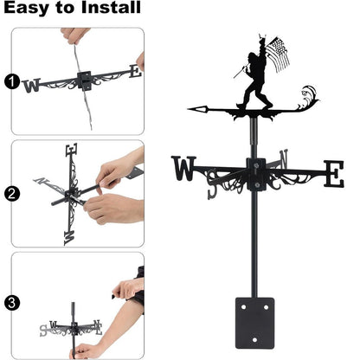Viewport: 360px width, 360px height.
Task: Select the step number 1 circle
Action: pos(11,83)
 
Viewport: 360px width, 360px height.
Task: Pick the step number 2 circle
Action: pos(11,193)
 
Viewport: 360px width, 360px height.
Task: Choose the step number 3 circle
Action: pos(11,304)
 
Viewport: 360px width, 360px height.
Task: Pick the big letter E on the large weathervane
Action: pos(333,173)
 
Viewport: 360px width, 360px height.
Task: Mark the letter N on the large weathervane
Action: pos(283,158)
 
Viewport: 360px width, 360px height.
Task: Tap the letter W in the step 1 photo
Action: pos(32,86)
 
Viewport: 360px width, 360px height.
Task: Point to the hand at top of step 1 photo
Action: pos(76,37)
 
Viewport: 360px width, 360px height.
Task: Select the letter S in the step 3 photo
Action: pos(43,330)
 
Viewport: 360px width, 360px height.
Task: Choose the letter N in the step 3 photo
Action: pos(98,327)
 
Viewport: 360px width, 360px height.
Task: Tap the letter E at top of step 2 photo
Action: pos(71,152)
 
